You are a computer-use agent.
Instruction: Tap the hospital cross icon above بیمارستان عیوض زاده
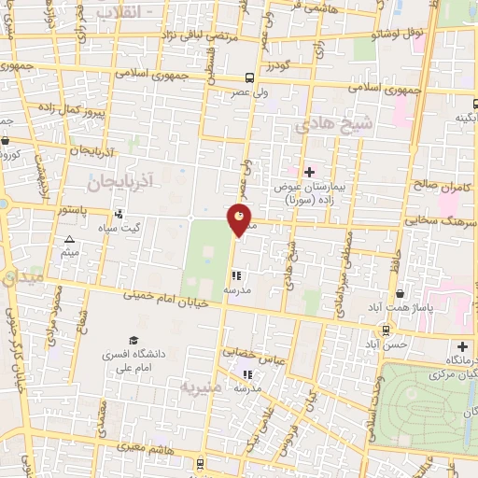coord(310,172)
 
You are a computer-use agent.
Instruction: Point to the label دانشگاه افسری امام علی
coord(135,362)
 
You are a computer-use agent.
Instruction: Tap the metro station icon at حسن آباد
coord(385,329)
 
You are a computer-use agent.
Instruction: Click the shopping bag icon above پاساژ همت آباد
coord(400,292)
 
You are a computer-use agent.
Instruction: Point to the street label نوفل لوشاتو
coord(399,34)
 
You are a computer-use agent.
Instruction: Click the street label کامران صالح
coord(440,187)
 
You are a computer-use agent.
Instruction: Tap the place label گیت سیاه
coord(146,228)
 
